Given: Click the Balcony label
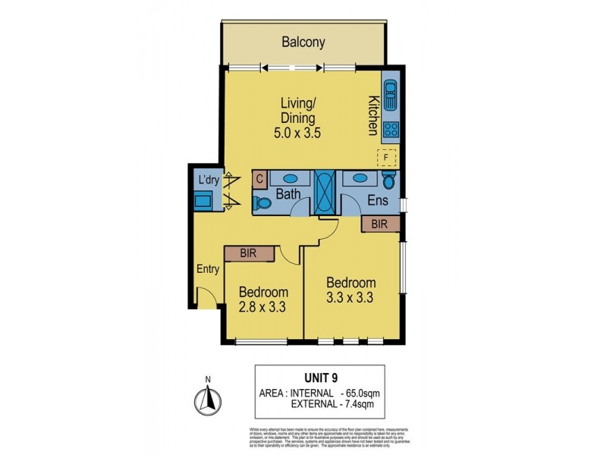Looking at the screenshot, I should [x=303, y=42].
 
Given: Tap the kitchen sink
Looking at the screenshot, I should [x=391, y=97].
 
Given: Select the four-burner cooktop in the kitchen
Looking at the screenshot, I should [x=391, y=130].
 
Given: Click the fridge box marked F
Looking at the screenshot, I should [x=388, y=158].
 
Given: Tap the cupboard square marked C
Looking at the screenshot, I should [x=259, y=179].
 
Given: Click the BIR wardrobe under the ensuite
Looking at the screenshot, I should [x=380, y=224].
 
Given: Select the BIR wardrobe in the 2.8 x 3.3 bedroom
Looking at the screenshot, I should [x=248, y=254].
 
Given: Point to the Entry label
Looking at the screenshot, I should [x=208, y=269].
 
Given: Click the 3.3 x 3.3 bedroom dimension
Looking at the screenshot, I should [x=350, y=297].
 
